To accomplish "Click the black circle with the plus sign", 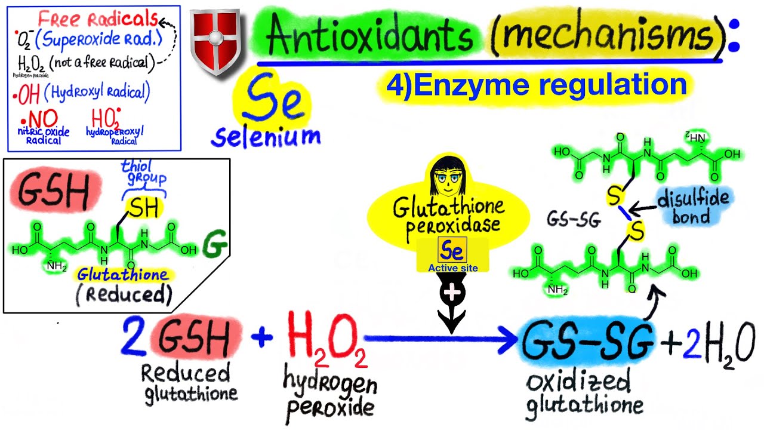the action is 452,293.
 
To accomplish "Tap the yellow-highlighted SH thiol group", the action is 144,208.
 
